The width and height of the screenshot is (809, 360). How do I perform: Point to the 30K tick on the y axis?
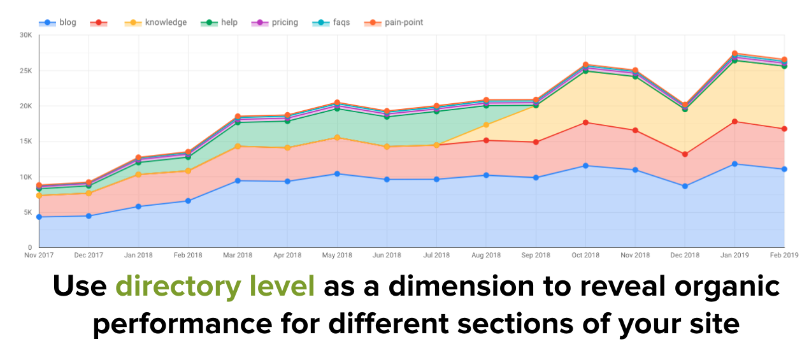point(25,35)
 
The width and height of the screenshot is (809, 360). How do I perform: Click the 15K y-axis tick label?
point(25,141)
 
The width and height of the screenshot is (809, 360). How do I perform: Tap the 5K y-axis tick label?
point(27,212)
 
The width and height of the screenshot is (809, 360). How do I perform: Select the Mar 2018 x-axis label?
point(238,256)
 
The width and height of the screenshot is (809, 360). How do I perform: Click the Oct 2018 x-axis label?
point(585,256)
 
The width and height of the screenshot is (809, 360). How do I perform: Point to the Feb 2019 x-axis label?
point(784,256)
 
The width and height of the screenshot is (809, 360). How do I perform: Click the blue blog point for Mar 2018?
point(238,180)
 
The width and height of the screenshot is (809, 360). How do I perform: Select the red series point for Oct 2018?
point(585,122)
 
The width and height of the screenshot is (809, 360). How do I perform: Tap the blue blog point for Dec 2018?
point(685,186)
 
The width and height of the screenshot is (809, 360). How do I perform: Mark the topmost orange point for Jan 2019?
point(734,54)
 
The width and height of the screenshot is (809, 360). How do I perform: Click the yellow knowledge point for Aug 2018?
point(486,125)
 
